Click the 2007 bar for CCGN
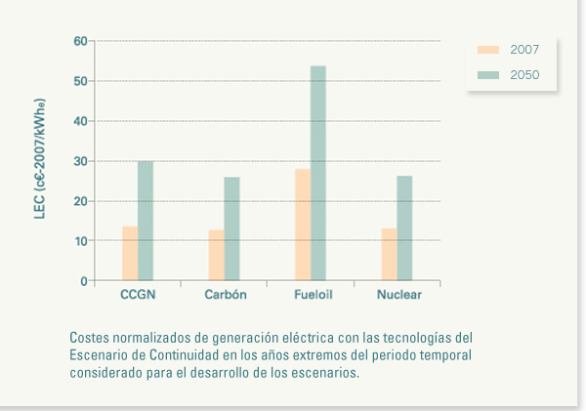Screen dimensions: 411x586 [x=130, y=254]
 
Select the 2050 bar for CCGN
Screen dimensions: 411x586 [x=146, y=221]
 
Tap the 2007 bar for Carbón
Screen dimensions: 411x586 [x=216, y=256]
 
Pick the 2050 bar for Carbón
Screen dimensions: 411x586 [x=231, y=228]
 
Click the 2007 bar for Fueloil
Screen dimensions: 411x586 [x=303, y=225]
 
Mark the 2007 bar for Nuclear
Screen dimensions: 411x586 [x=389, y=255]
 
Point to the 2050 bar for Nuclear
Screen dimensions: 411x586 [x=404, y=228]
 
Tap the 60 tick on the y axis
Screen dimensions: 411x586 [x=80, y=41]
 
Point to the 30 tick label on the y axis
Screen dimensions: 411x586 [x=80, y=161]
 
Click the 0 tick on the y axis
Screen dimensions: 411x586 [x=84, y=281]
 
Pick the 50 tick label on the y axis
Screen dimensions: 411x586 [x=80, y=81]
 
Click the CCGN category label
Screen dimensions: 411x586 [x=138, y=295]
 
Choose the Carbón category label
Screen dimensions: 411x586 [x=225, y=295]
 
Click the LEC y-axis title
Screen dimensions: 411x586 [x=40, y=161]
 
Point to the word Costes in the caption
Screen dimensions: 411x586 [x=90, y=337]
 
